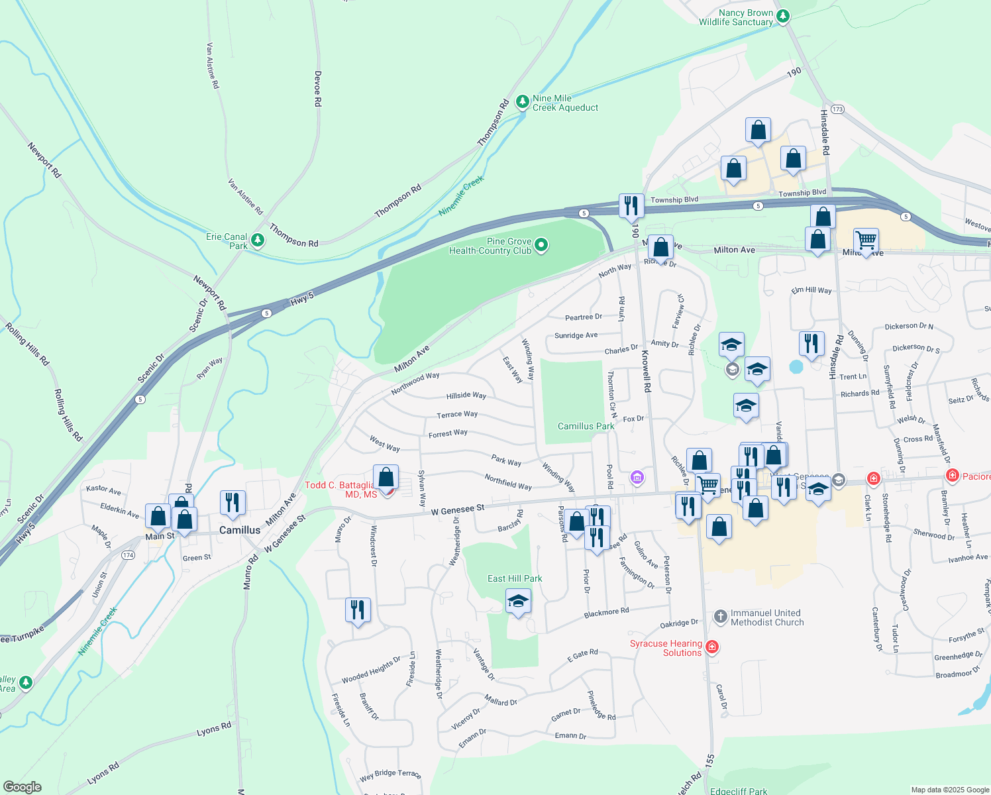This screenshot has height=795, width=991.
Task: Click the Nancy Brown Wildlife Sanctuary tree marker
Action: coord(783,16)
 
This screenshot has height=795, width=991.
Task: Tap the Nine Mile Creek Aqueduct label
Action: coord(565,103)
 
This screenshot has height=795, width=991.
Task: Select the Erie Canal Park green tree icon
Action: coord(258,240)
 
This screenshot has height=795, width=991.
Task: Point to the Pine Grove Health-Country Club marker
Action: coord(541,246)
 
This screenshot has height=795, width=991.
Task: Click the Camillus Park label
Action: coord(586,426)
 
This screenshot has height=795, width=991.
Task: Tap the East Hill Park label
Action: coord(515,578)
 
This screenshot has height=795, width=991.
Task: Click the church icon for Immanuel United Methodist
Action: coord(721,617)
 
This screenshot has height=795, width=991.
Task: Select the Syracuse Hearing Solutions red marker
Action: coord(712,647)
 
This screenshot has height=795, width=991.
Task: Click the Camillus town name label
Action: coord(240,530)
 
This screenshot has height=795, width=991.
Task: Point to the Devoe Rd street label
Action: coord(318,89)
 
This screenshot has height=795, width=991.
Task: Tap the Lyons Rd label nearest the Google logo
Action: coord(104,773)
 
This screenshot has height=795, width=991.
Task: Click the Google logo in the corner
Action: coord(22,787)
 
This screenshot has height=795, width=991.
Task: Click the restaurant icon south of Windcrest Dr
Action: coord(358,609)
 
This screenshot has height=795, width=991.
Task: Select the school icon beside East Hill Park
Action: coord(518,602)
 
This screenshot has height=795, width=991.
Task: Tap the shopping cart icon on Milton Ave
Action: coord(866,239)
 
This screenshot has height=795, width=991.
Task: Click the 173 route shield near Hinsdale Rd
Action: coord(837,109)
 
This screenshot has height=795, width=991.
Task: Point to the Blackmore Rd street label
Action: coord(606,613)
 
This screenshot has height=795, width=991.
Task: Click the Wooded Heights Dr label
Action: coord(371,670)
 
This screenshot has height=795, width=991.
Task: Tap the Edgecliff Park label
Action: coord(738,791)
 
